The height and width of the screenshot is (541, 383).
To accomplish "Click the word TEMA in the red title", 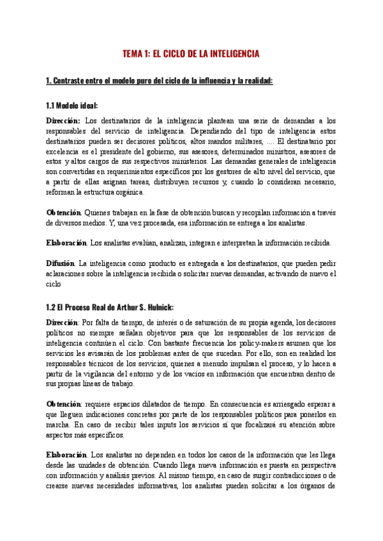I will coord(133,54).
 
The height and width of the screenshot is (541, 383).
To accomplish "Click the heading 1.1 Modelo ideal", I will coord(71,105).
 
